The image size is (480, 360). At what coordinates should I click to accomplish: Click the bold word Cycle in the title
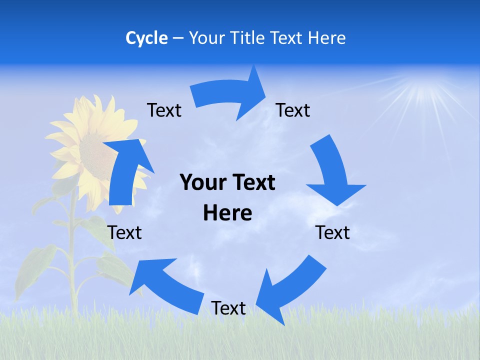[146, 38]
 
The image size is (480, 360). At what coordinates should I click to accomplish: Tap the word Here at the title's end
[327, 38]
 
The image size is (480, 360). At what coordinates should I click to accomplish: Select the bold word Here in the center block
[227, 213]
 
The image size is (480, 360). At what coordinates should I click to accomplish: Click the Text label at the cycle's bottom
[228, 308]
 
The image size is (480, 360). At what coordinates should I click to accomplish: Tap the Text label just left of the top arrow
[164, 110]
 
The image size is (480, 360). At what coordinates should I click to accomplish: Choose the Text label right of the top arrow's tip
[293, 110]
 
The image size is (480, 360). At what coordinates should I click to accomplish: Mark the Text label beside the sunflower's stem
[124, 232]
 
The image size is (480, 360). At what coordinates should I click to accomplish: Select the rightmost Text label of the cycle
[332, 232]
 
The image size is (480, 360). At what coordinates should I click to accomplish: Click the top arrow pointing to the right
[230, 95]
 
